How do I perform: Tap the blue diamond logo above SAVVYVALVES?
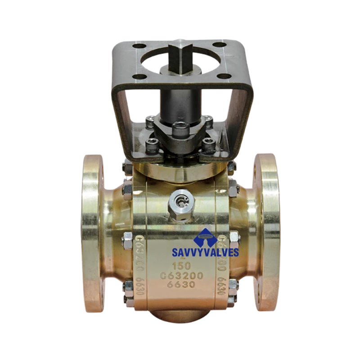coord(205,237)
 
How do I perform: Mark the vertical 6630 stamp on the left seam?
coord(139,286)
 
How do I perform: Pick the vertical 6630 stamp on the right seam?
coord(221,286)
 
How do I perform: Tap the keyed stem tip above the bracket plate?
coord(179,55)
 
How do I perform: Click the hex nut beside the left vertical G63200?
coord(127,237)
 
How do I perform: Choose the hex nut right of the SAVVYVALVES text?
coord(234,237)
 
